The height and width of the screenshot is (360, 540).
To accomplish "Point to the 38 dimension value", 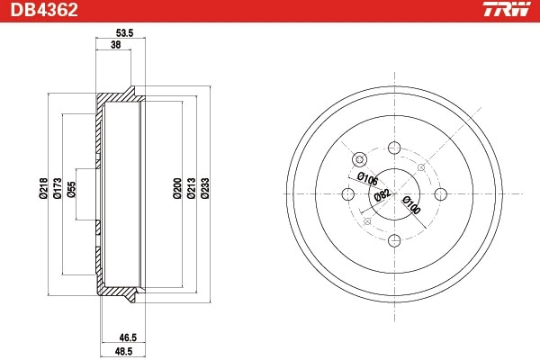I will coord(115,44).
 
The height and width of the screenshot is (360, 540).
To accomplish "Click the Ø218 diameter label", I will coord(42,188).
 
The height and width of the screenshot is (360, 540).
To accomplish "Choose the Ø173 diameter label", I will coord(57,188).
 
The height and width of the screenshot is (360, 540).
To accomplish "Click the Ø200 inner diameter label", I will coord(176,188).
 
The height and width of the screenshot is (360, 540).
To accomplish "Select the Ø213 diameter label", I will coord(191,188).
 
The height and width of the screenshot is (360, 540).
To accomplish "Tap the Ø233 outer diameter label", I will coord(205,188).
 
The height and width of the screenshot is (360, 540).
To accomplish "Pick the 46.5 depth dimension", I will coord(115,337).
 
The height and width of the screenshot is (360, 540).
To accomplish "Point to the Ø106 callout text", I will coord(366,178).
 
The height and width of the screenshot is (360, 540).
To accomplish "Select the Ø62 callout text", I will coord(382,194).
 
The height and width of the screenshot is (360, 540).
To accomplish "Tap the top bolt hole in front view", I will coord(394,148).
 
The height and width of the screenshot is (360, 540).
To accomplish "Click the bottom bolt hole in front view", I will coord(394,240).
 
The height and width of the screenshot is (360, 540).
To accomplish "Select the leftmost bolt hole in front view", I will coord(348,193).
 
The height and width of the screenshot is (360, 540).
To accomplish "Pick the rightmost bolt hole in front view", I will coord(441,193).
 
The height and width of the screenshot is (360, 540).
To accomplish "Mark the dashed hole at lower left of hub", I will coord(365,221).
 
